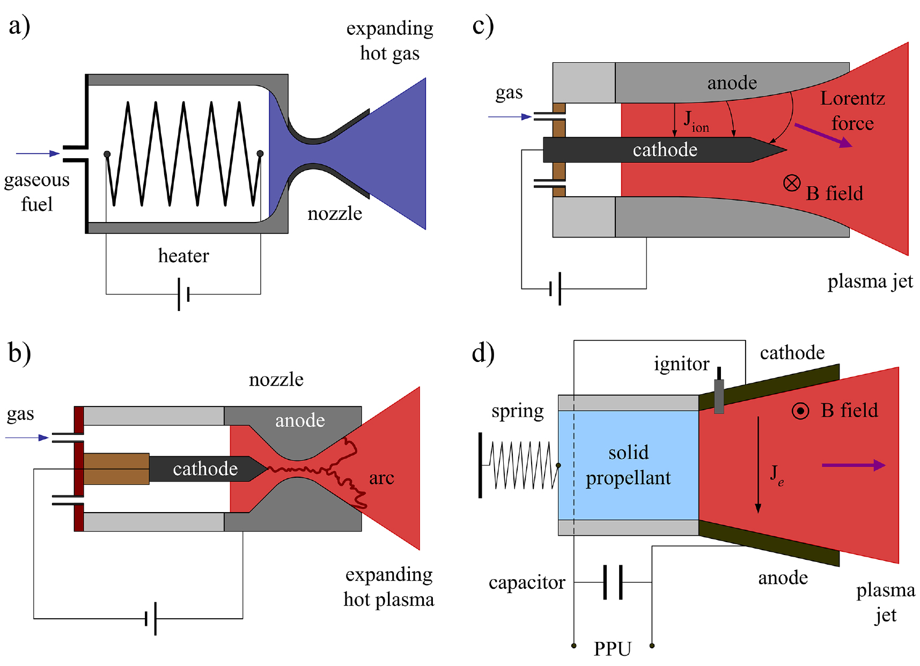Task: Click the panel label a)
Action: pos(19,26)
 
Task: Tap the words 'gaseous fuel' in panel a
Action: pos(36,191)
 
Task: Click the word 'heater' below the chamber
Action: pos(183,256)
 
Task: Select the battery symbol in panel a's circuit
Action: pos(183,294)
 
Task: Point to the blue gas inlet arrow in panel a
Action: pos(38,153)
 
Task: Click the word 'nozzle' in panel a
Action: pos(335,213)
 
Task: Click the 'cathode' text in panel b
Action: pos(205,469)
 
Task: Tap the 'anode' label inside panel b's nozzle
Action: pos(300,420)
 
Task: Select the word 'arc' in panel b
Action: pos(381,478)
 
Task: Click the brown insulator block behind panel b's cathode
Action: pos(116,469)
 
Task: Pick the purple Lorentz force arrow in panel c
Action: pos(823,135)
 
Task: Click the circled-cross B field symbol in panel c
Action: pos(792,183)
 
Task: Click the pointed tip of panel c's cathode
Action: pos(781,150)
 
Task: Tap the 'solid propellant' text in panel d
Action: pos(628,465)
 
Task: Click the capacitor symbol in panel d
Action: pos(613,582)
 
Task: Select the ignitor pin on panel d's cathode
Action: pos(719,394)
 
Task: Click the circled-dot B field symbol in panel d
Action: pos(800,411)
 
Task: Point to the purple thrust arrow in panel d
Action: pos(853,465)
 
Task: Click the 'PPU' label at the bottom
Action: pos(612,649)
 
